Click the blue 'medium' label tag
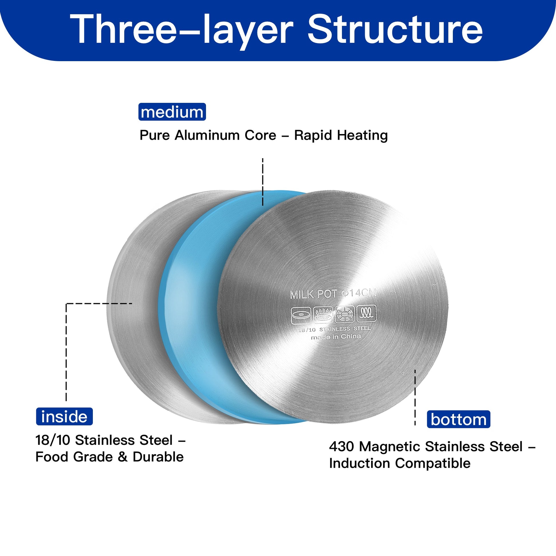click(x=172, y=112)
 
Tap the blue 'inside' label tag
click(x=65, y=416)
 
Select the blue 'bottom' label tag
click(x=459, y=419)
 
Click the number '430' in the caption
click(x=342, y=447)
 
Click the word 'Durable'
click(x=158, y=457)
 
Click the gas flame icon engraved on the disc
click(x=323, y=315)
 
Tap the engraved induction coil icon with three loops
click(x=366, y=313)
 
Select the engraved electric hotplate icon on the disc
click(x=301, y=315)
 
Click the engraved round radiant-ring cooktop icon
click(x=345, y=314)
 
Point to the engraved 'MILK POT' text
click(x=313, y=294)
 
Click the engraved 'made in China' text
click(x=336, y=337)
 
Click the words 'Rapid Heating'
click(x=341, y=135)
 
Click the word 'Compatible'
click(x=433, y=463)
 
